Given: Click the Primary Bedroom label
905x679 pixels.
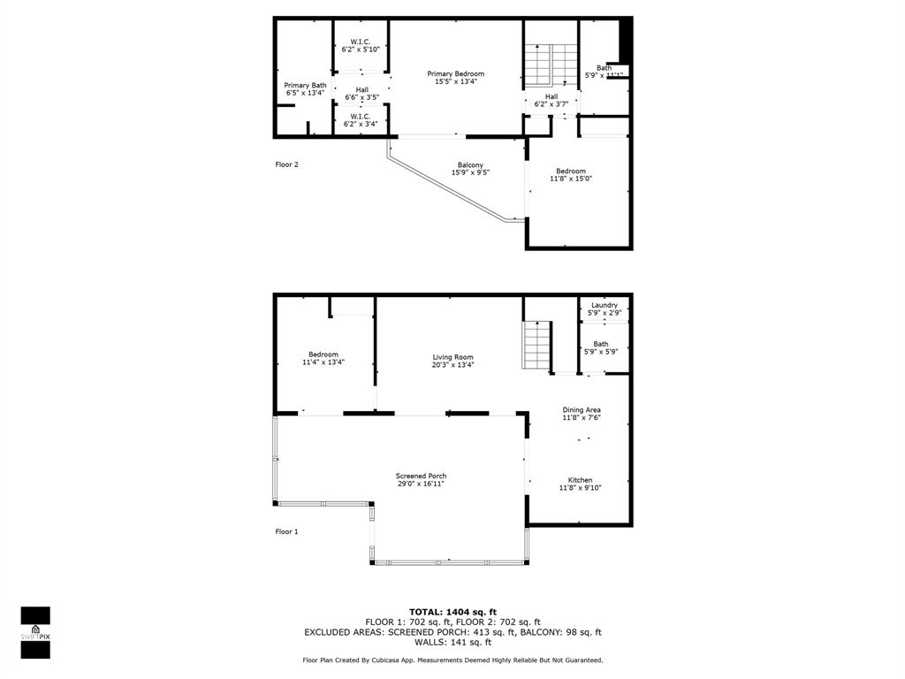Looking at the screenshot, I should [455, 74].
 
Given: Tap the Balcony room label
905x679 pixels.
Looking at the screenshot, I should [469, 165].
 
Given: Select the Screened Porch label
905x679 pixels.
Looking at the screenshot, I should [421, 477].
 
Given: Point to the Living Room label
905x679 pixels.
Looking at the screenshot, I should [452, 357].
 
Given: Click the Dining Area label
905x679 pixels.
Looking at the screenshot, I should [582, 410].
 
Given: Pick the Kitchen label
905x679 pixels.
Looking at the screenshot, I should [580, 480].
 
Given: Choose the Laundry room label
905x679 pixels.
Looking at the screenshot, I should [605, 305].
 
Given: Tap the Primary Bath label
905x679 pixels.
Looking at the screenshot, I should [305, 86].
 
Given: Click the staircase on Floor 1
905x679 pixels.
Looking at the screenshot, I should [536, 346].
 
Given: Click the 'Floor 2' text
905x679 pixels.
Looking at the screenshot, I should [286, 164].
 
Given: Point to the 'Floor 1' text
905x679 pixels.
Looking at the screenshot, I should [286, 531].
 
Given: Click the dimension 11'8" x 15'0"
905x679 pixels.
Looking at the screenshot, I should [570, 179].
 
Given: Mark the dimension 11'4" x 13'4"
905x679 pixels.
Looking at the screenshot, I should [323, 362].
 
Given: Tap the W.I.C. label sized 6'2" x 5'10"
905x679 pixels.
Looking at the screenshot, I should [360, 42].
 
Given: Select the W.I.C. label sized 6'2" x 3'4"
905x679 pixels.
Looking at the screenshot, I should [360, 117].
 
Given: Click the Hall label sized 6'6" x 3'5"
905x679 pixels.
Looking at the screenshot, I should [361, 90].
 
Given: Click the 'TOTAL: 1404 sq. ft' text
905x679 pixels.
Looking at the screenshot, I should [452, 612].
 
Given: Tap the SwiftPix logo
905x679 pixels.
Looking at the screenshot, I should [35, 632].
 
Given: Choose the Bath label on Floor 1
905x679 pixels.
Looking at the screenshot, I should [601, 344].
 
